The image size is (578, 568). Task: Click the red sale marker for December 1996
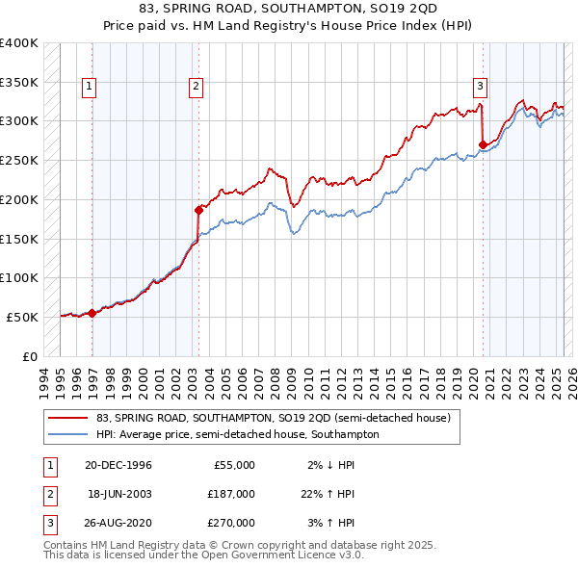[x=92, y=312]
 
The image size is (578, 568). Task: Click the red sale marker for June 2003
[x=198, y=208]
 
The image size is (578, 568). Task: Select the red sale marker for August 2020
[x=483, y=144]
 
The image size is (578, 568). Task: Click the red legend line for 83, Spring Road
[x=67, y=418]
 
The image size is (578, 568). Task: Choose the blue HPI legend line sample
[x=67, y=434]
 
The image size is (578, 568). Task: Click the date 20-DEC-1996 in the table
[x=118, y=465]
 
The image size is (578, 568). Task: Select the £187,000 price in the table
[x=232, y=494]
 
